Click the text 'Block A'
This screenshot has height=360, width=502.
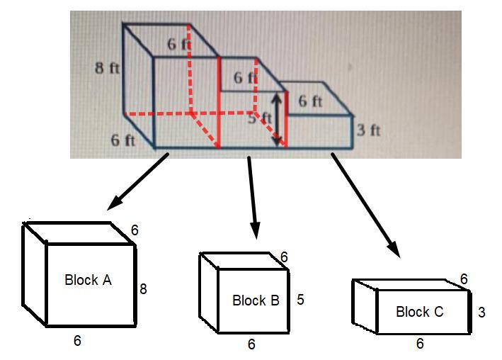(x=88, y=280)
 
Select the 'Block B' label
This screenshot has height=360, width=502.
(x=256, y=300)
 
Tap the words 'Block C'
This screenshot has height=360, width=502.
(x=419, y=312)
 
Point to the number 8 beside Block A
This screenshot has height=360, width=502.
(x=143, y=288)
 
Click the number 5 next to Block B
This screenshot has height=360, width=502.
(x=301, y=300)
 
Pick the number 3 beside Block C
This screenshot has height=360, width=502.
(x=481, y=312)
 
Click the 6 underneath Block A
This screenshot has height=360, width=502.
(x=77, y=341)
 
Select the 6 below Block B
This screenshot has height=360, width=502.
(x=251, y=344)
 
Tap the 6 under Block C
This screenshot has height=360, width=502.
(x=419, y=344)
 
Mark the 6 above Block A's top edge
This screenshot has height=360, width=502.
(x=135, y=230)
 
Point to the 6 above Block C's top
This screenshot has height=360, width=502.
(x=464, y=279)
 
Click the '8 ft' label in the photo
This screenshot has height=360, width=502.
(x=108, y=68)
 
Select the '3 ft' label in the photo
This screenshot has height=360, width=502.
(x=368, y=130)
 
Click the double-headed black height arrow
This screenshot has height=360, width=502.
(x=277, y=120)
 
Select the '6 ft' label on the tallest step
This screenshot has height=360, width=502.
(x=179, y=43)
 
